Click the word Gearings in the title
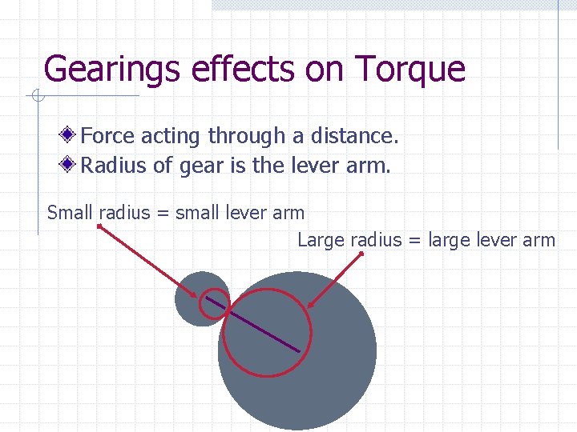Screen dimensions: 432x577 114,70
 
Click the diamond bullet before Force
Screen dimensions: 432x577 71,135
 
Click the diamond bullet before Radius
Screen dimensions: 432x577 71,165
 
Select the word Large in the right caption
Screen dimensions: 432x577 318,239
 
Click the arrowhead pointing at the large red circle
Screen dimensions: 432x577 310,305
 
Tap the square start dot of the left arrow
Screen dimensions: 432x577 99,226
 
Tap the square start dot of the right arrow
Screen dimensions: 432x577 361,254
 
